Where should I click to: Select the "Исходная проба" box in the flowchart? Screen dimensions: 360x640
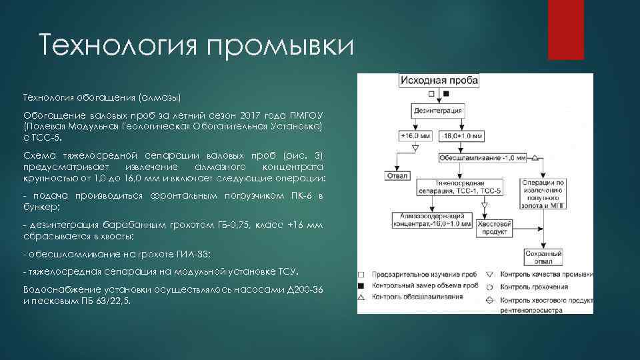439,81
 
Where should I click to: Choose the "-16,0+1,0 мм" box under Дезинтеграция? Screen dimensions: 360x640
461,135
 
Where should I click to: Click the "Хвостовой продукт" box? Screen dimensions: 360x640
494,227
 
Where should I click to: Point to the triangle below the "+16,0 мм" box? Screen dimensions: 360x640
415,149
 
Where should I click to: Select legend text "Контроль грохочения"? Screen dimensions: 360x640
534,287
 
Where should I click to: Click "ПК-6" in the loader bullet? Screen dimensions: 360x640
302,195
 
